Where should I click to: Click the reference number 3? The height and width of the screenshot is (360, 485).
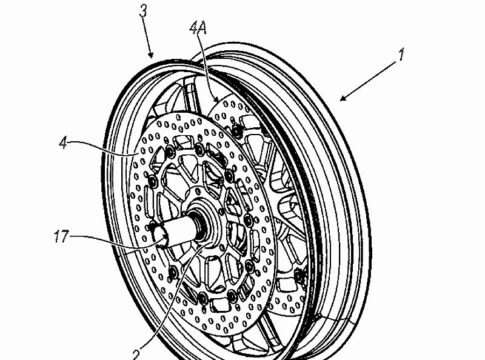tap(143, 11)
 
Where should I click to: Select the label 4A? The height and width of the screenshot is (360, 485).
tap(198, 29)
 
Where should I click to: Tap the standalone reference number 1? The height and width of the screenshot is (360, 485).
tap(402, 55)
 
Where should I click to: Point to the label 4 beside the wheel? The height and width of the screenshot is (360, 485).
tap(63, 143)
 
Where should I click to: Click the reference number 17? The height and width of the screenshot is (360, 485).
tap(61, 237)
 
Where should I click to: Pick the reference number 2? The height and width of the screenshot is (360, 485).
tap(137, 354)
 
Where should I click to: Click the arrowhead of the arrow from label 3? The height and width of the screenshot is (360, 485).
tap(151, 54)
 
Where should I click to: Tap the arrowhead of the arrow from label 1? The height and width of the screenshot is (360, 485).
tap(344, 97)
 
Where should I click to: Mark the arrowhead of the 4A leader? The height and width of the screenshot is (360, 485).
tap(217, 98)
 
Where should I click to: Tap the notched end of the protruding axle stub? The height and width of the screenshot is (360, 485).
tap(159, 236)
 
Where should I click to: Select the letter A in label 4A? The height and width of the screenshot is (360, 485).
tap(202, 29)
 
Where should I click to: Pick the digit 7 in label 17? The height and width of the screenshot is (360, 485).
tap(65, 237)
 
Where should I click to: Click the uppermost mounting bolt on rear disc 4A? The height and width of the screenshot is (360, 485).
tap(236, 132)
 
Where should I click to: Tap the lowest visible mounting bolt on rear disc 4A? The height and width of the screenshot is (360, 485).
tap(300, 275)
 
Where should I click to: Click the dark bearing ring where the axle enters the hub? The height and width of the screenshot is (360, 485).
tap(199, 226)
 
